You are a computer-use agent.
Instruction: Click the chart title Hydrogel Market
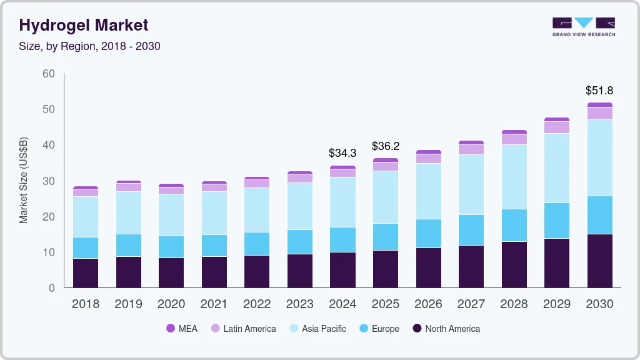pos(84,25)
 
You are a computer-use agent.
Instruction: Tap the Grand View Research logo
pos(583,27)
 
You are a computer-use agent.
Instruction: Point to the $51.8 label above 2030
pos(599,91)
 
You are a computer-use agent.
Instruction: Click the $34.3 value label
pos(342,152)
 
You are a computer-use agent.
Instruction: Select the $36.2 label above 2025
pos(385,146)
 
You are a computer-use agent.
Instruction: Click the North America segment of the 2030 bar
pos(599,261)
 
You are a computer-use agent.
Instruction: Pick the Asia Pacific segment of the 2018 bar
pos(86,217)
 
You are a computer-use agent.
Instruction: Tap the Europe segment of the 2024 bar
pos(342,239)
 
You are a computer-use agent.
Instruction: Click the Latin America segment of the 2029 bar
pos(556,127)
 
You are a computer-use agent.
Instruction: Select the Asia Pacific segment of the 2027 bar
pos(471,184)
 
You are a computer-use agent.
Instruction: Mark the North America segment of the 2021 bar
pos(214,272)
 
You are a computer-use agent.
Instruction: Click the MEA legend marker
pos(171,329)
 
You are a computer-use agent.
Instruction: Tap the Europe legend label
pos(385,329)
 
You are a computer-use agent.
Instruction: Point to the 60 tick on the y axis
pos(48,74)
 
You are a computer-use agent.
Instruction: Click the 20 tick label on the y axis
pos(48,217)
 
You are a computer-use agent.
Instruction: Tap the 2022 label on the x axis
pos(257,304)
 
